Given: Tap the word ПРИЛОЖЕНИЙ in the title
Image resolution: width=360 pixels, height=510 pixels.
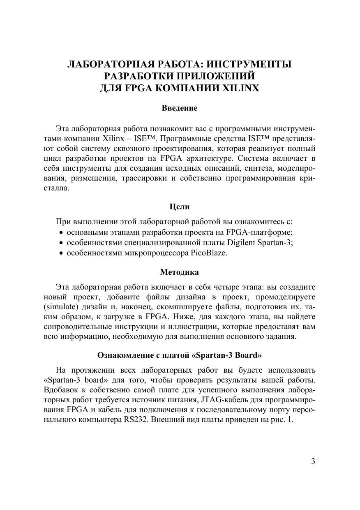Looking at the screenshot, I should (212, 76).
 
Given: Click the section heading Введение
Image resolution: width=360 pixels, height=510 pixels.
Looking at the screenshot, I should (180, 108).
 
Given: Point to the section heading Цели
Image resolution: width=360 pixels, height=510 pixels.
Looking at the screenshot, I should (180, 206).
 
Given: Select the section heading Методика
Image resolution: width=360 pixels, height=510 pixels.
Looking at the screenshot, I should (179, 272).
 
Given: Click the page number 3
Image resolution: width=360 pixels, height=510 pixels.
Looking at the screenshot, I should (313, 461).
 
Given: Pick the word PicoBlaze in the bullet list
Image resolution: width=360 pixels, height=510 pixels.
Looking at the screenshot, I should (209, 253).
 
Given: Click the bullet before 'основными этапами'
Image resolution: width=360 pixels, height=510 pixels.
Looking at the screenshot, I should (61, 233).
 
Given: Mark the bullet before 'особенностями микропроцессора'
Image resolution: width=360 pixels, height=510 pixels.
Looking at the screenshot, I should (61, 253).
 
